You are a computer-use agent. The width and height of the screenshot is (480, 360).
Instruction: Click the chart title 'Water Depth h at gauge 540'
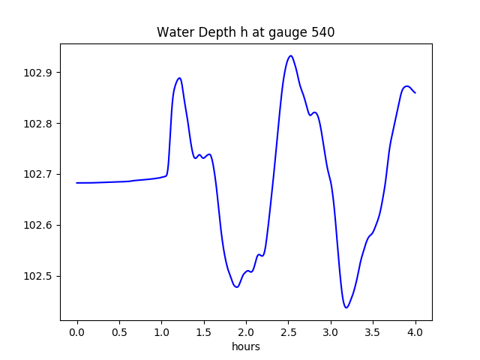pyautogui.click(x=245, y=32)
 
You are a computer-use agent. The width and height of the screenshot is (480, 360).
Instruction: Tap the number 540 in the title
pyautogui.click(x=324, y=32)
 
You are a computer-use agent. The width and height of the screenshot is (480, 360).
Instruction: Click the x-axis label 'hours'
pyautogui.click(x=246, y=347)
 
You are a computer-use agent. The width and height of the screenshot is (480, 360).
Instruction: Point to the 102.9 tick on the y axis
pyautogui.click(x=40, y=73)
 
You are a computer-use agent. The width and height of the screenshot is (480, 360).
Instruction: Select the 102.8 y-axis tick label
pyautogui.click(x=40, y=124)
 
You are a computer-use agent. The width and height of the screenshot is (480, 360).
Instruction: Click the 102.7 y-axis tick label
pyautogui.click(x=40, y=175)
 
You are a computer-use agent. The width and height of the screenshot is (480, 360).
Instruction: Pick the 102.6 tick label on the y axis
pyautogui.click(x=40, y=226)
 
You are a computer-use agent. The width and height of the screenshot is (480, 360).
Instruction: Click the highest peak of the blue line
pyautogui.click(x=290, y=55)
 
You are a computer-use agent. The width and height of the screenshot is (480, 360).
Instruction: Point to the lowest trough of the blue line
pyautogui.click(x=346, y=307)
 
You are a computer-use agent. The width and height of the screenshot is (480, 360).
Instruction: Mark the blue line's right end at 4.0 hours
pyautogui.click(x=415, y=93)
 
